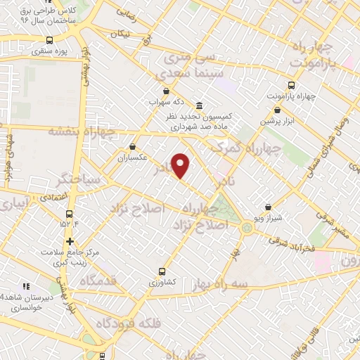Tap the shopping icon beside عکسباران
[133, 147]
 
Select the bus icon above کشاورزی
[162, 271]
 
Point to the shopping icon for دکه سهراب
[166, 91]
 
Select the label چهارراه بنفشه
[77, 131]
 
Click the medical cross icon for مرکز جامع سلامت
[70, 242]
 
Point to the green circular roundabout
[247, 227]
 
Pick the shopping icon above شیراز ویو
[268, 207]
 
